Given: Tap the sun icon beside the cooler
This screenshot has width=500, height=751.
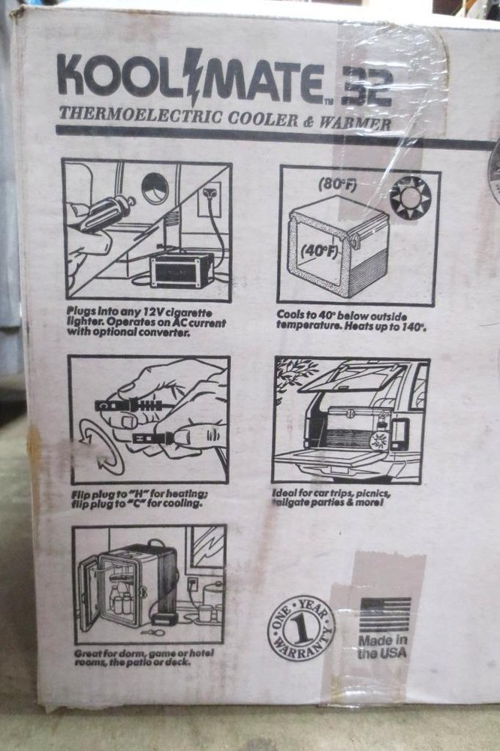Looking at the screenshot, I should pos(410,197).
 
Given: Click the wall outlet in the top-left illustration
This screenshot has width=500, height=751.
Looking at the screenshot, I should pos(210,199).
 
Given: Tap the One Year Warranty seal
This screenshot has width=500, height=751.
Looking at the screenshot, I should pos(301,627).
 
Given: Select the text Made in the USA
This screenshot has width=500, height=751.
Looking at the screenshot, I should pos(383,647).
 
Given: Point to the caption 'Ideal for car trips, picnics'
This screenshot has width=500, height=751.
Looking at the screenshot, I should pos(332,497).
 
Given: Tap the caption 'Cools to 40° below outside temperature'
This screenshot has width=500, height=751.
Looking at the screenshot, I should pos(351,321).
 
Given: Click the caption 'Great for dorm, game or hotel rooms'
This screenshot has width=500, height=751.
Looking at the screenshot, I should pos(143,659).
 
